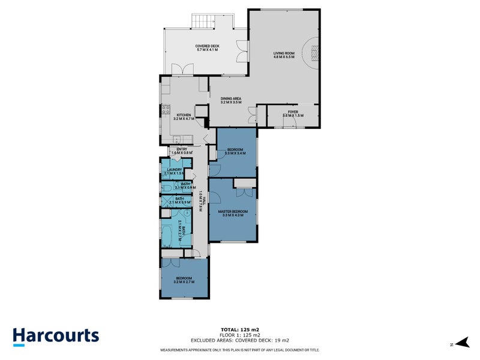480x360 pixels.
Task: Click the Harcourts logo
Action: pos(56,336)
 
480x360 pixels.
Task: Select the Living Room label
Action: pos(284,55)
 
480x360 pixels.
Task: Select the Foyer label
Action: pos(293,113)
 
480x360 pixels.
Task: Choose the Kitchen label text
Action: pos(183,116)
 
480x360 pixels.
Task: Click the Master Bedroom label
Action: pos(233,213)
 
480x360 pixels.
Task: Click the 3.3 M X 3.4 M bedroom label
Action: pos(234,151)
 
